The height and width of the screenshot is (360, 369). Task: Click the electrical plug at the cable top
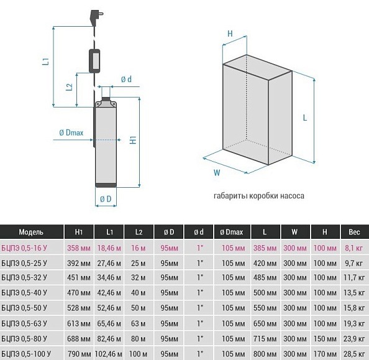[x=96, y=17]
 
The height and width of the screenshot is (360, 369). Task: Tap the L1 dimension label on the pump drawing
[x=45, y=62]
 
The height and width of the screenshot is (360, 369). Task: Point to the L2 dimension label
[x=69, y=87]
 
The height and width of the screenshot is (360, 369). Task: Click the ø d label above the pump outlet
[x=126, y=80]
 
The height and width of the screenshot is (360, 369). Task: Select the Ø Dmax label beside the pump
[x=71, y=132]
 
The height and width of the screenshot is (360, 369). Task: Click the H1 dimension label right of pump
[x=134, y=140]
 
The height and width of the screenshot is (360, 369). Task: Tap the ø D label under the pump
[x=106, y=199]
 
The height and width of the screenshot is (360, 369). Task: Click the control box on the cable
[x=94, y=61]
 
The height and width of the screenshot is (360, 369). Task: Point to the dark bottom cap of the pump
[x=106, y=185]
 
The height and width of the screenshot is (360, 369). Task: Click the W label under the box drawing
[x=217, y=173]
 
